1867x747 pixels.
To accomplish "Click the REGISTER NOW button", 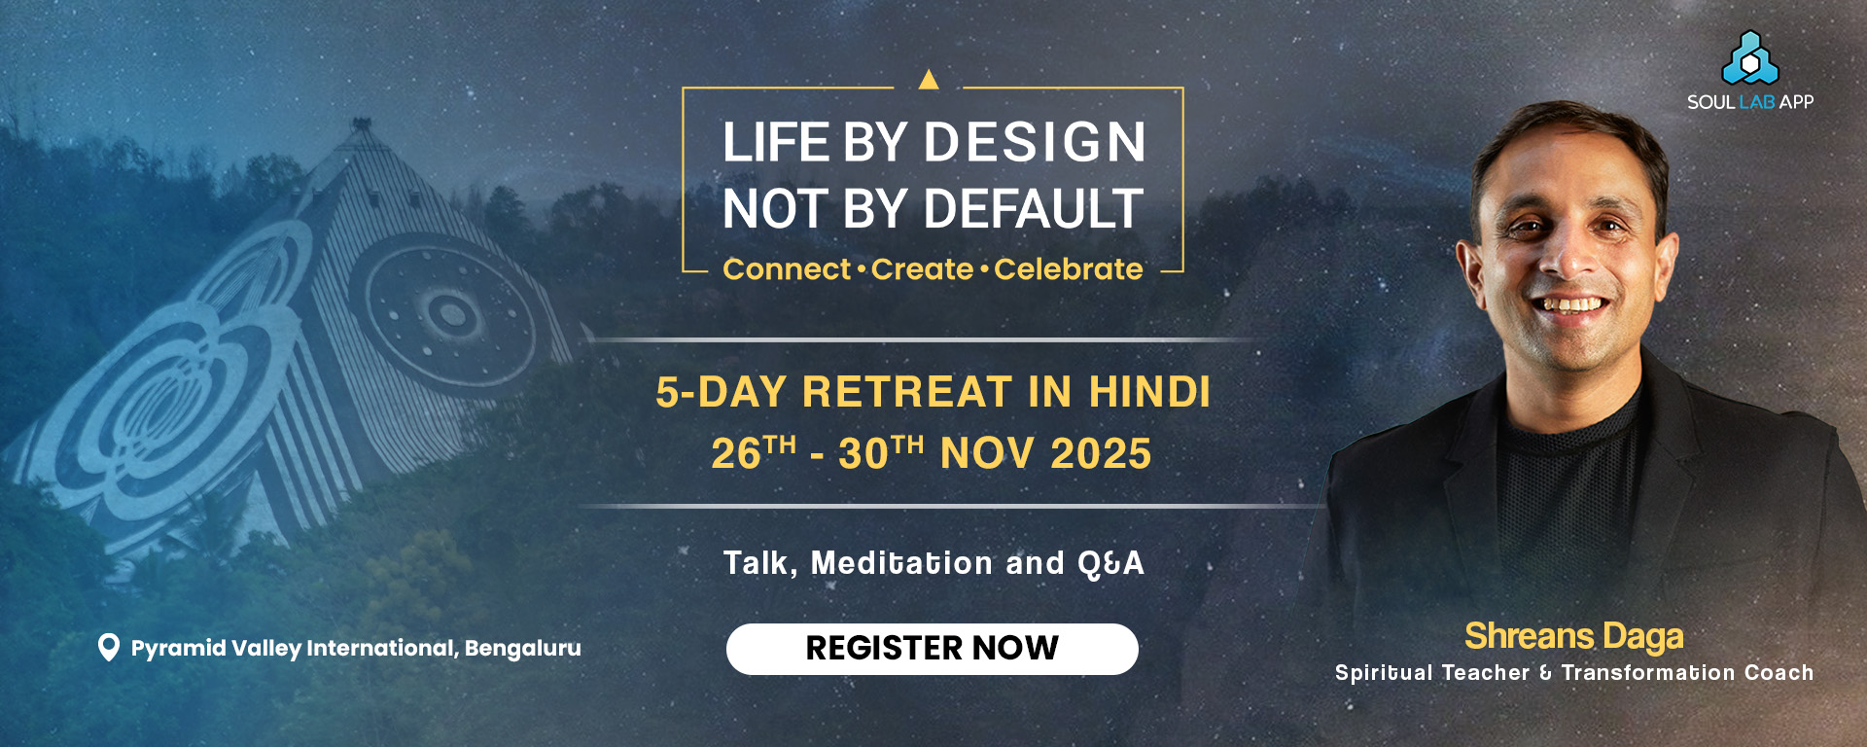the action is click(932, 649).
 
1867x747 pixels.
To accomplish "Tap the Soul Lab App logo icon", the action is click(1750, 58).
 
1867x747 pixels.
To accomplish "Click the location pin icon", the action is click(109, 648).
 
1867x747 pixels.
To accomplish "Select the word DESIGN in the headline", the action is click(1035, 143).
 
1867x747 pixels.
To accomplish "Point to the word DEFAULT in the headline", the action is click(1034, 209).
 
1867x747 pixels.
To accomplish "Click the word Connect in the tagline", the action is click(787, 269).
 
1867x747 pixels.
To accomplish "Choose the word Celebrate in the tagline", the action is click(1069, 269).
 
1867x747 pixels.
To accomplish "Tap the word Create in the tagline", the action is click(922, 269).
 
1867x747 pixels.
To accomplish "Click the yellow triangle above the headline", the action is click(929, 79).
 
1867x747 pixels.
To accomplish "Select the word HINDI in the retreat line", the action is click(1149, 392).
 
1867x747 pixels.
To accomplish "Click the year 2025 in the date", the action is click(1101, 454).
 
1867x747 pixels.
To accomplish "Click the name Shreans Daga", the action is click(1574, 636).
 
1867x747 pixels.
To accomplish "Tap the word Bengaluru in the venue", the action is click(523, 649).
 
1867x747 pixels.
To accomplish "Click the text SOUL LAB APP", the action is click(1750, 102).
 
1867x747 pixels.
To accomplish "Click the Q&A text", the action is click(1110, 564).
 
